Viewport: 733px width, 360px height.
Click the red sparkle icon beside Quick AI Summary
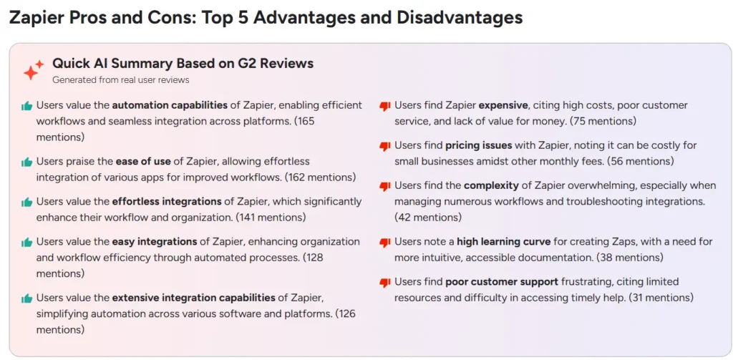(x=33, y=70)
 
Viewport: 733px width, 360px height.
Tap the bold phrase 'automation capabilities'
(x=170, y=105)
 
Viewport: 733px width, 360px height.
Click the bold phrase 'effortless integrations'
(x=167, y=202)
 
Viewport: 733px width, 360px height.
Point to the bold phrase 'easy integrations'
(x=155, y=242)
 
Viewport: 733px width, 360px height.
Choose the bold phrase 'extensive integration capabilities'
(x=193, y=298)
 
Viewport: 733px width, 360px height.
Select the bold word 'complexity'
(x=491, y=186)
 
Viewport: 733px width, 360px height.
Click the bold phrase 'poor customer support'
(x=502, y=283)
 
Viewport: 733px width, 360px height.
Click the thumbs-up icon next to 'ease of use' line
(x=26, y=162)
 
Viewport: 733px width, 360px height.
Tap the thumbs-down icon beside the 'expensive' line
(x=384, y=107)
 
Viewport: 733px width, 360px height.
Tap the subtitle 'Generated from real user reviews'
(x=120, y=80)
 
